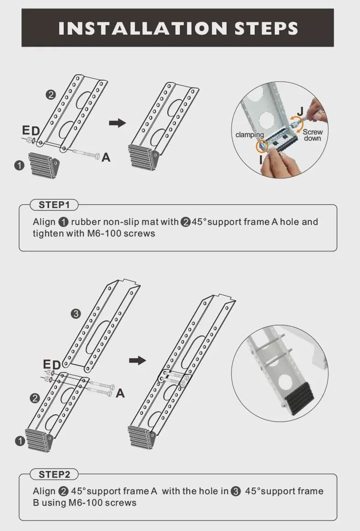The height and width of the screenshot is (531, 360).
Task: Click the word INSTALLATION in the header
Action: [143, 28]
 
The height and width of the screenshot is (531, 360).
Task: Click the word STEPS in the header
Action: [267, 28]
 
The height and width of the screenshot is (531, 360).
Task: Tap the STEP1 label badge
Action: [54, 205]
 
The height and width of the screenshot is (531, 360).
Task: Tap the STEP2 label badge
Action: [54, 475]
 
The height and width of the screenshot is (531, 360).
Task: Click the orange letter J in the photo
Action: [300, 111]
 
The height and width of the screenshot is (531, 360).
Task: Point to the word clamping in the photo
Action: [249, 134]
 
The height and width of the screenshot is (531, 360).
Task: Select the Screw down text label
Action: [313, 135]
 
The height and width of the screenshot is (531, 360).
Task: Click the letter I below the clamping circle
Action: [261, 159]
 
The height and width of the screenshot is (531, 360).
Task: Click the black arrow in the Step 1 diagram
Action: [117, 123]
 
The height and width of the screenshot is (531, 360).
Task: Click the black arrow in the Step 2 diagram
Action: [138, 360]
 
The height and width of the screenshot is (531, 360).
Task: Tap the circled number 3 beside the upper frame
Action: [76, 314]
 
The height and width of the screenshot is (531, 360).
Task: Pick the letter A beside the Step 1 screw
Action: [106, 158]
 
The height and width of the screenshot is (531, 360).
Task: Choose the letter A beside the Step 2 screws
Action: [120, 393]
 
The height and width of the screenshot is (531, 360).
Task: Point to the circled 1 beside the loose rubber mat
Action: [19, 165]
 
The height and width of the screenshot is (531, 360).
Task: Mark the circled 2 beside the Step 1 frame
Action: [51, 94]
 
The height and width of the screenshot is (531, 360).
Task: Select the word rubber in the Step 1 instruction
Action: [86, 222]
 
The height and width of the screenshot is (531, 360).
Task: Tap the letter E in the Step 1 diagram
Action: [26, 130]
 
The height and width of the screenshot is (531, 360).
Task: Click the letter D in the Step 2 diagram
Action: [56, 365]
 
